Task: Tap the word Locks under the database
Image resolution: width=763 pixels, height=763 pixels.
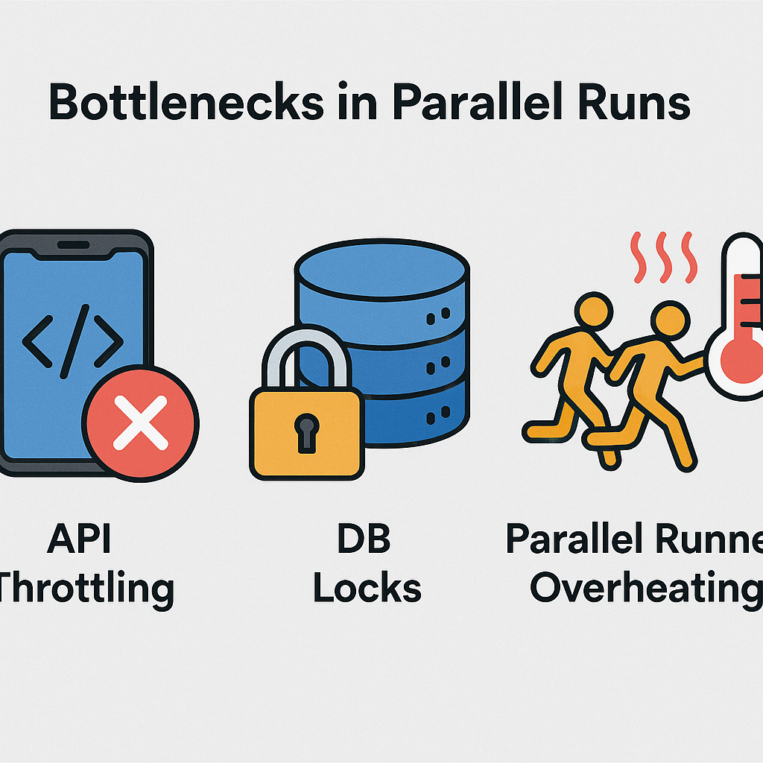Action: coord(367,588)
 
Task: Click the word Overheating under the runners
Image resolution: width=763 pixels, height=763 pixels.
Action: coord(645,588)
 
